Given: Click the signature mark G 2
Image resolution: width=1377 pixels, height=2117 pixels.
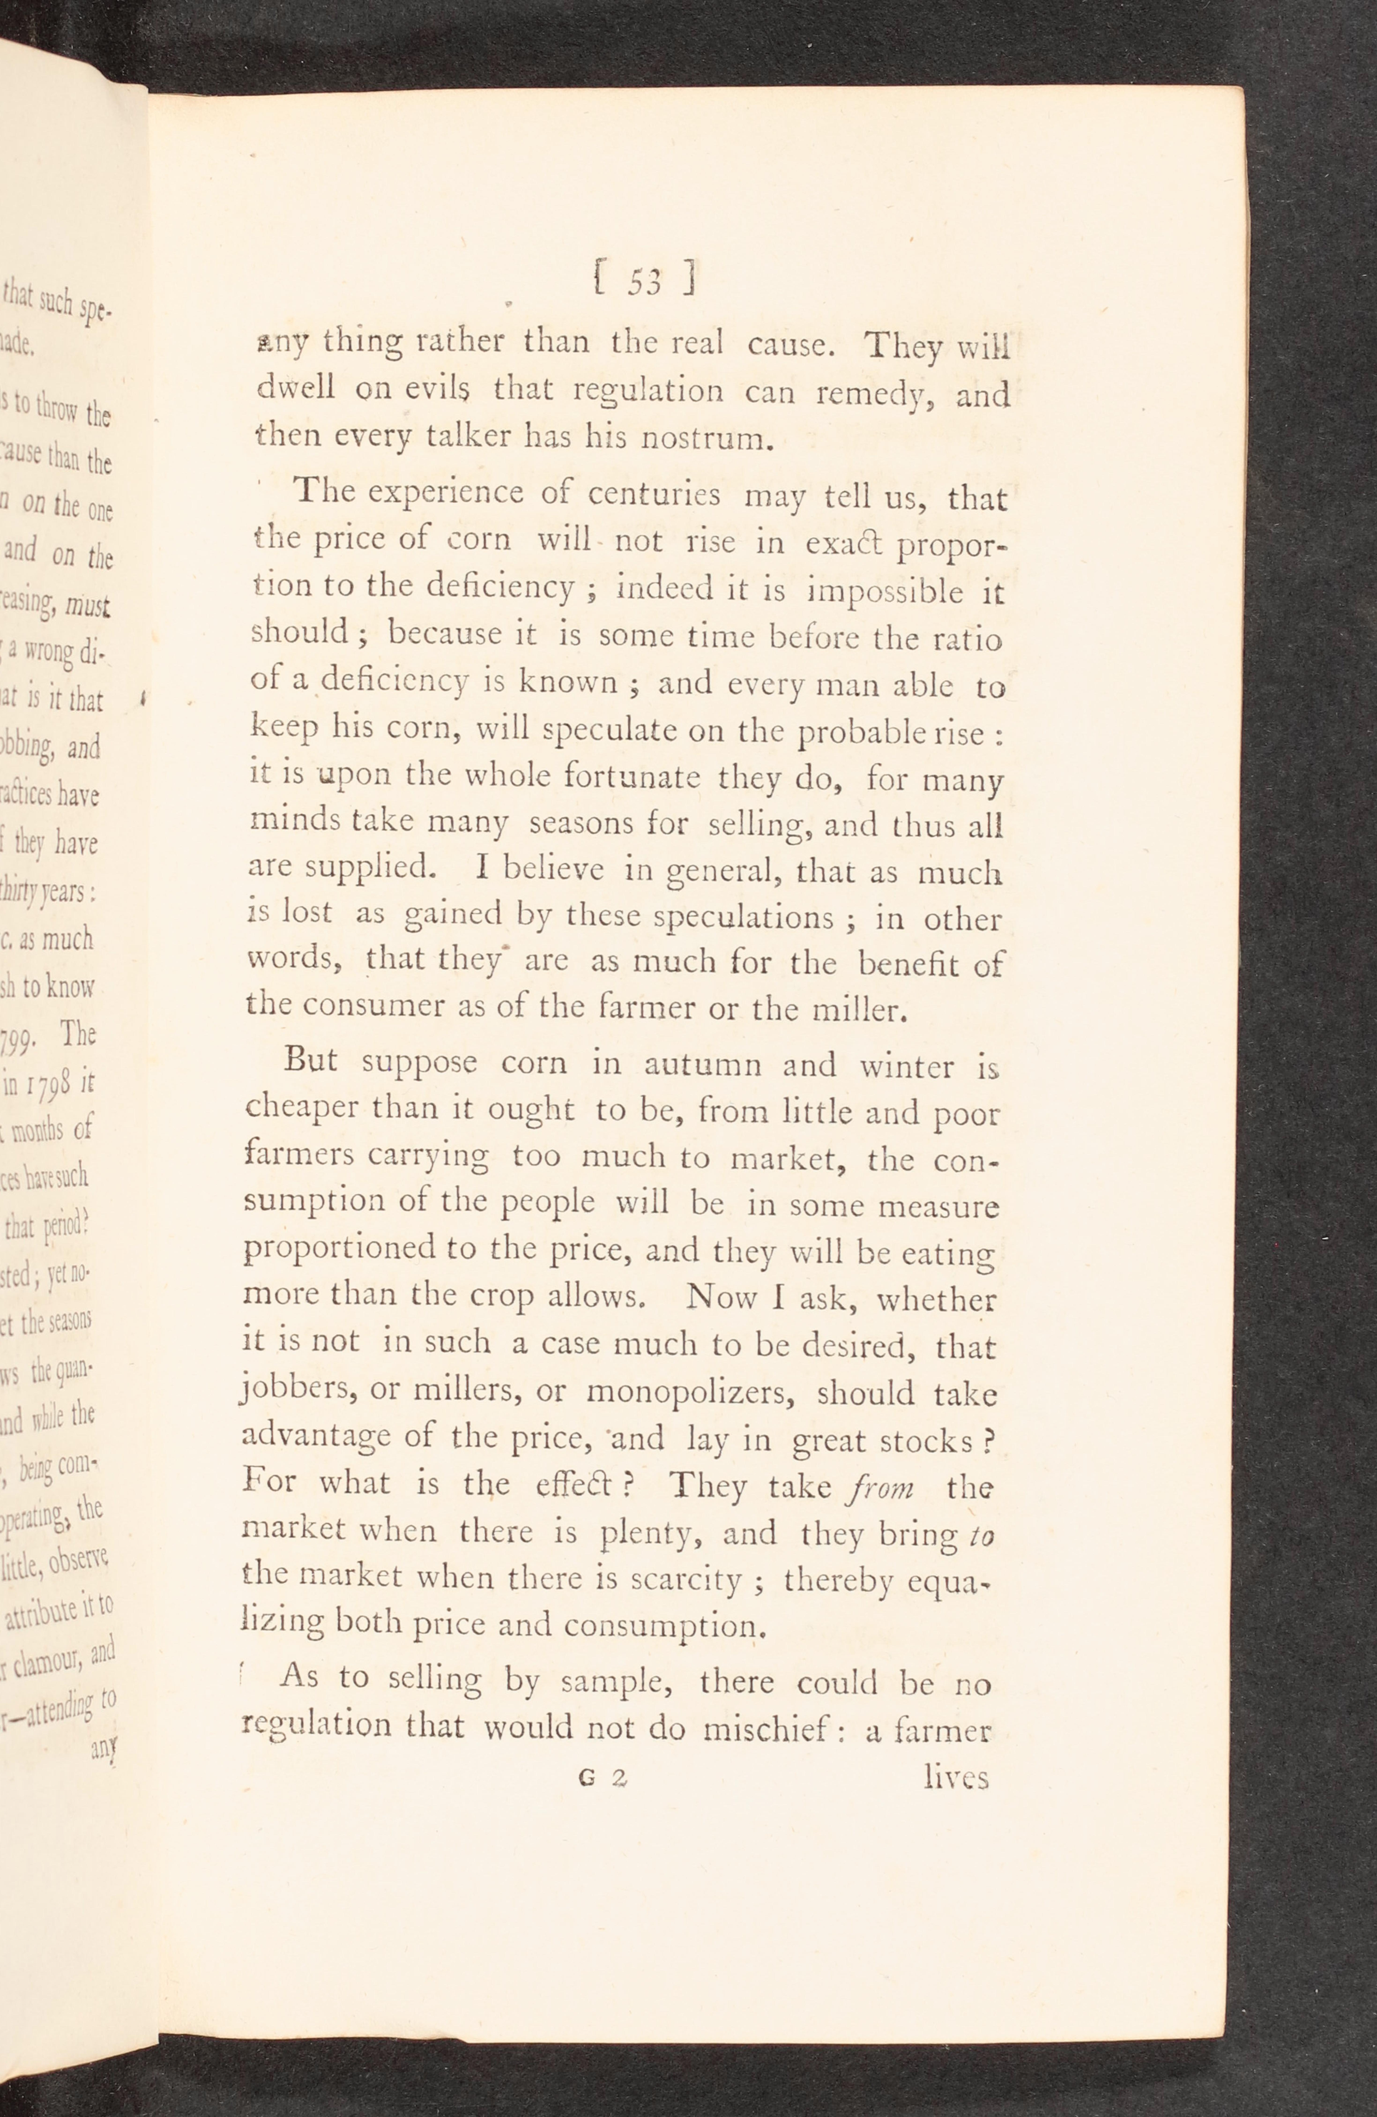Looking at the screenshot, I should [602, 1776].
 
